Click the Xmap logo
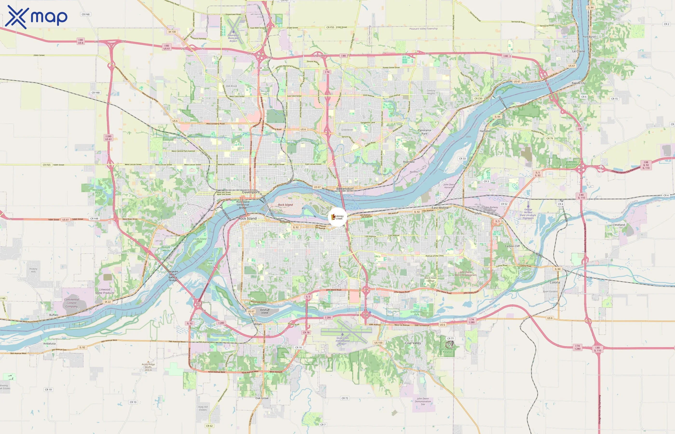pyautogui.click(x=36, y=17)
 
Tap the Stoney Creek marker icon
pyautogui.click(x=337, y=217)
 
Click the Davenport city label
pyautogui.click(x=250, y=192)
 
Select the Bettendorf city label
pyautogui.click(x=344, y=189)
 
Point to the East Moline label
pyautogui.click(x=440, y=208)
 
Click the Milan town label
pyautogui.click(x=257, y=324)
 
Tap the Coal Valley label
pyautogui.click(x=413, y=343)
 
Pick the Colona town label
pyautogui.click(x=555, y=282)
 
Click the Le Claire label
pyautogui.click(x=578, y=51)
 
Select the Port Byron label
pyautogui.click(x=589, y=37)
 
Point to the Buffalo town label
pyautogui.click(x=54, y=315)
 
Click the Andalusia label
pyautogui.click(x=49, y=344)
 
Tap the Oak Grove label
pyautogui.click(x=262, y=398)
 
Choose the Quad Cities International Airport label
pyautogui.click(x=342, y=341)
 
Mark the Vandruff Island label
pyautogui.click(x=264, y=311)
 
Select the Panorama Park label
pyautogui.click(x=424, y=132)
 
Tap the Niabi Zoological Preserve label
pyautogui.click(x=447, y=350)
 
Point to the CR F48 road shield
pyautogui.click(x=85, y=14)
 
